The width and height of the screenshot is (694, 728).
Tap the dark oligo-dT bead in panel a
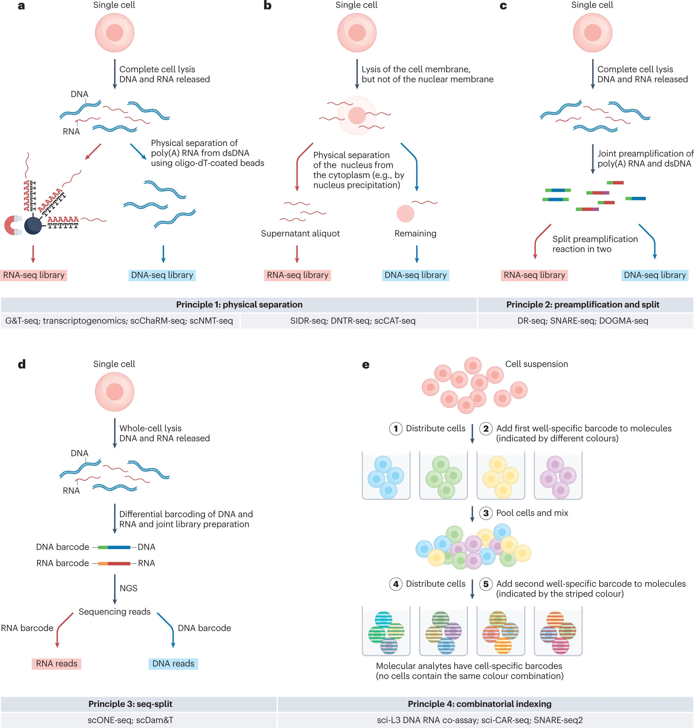click(33, 225)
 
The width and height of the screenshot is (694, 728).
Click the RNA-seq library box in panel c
click(534, 275)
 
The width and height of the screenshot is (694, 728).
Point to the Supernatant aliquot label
click(300, 233)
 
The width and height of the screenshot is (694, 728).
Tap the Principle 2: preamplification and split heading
click(583, 305)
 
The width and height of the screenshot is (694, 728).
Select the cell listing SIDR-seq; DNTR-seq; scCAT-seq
click(353, 321)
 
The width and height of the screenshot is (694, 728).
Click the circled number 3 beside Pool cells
click(486, 513)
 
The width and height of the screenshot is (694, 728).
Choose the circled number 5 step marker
click(486, 584)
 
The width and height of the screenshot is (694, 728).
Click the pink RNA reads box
click(57, 664)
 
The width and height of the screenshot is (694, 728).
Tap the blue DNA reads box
click(173, 664)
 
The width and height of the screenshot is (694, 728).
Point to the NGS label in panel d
click(129, 588)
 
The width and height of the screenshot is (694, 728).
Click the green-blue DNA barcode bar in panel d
click(114, 547)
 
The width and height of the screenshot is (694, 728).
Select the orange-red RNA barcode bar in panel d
click(114, 563)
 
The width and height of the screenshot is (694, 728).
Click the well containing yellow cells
click(501, 476)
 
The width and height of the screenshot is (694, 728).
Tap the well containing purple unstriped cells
click(558, 476)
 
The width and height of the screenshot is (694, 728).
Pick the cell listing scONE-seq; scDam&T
click(130, 720)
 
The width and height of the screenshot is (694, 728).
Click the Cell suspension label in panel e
click(536, 364)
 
